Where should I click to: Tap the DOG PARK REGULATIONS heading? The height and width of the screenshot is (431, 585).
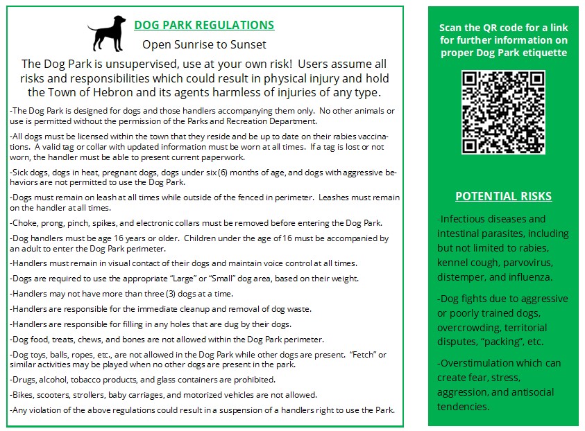(x=204, y=26)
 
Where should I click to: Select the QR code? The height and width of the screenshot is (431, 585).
(x=503, y=112)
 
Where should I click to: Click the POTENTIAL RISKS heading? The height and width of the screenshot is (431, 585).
(x=503, y=196)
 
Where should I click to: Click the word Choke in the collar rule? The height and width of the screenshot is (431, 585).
(x=25, y=223)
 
